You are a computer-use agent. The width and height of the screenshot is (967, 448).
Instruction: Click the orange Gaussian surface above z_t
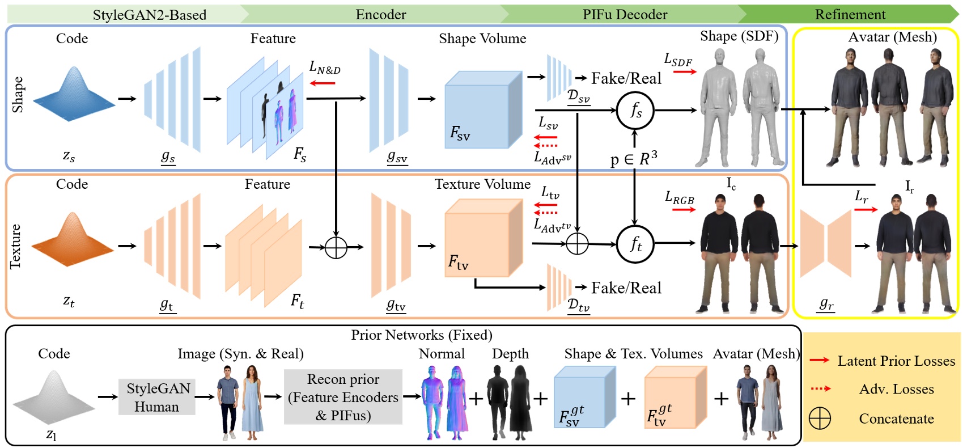coord(73,241)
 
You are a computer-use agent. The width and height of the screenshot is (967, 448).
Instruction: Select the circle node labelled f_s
coord(635,110)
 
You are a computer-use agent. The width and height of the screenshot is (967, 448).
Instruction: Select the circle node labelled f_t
coord(635,244)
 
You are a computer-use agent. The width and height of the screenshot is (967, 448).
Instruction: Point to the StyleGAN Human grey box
coord(157,397)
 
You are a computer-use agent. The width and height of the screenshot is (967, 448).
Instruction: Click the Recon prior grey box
coord(343,397)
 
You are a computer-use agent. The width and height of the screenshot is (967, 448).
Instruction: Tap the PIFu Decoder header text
coord(625,15)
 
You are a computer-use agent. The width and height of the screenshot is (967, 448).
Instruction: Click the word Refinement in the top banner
coord(850,15)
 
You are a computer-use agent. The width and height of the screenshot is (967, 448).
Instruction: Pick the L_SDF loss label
coord(678,60)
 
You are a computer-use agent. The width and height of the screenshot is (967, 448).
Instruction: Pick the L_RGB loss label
coord(679,198)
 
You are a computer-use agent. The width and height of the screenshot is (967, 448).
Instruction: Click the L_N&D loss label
coord(325,67)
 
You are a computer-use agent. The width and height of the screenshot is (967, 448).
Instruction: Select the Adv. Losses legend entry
coord(896,389)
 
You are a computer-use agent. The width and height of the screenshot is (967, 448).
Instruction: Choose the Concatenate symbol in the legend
coord(820,419)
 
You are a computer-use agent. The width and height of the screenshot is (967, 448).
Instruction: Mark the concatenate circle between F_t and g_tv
coord(336,247)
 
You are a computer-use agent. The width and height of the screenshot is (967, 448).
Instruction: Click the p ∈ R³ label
coord(634,159)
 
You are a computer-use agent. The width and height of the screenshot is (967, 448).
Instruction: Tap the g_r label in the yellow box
coord(826,305)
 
